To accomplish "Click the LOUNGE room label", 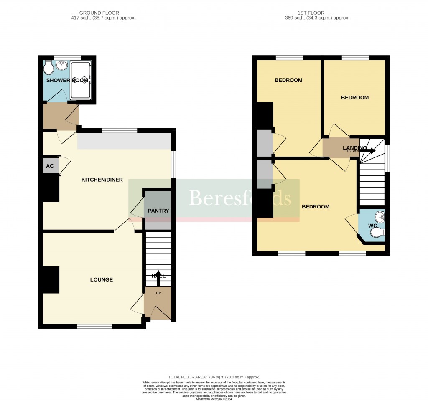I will point(102,280).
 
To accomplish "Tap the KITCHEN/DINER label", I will point(102,180).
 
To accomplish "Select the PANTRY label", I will point(158,211).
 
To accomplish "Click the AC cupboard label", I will point(50,166).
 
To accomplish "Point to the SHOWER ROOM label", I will point(67,80).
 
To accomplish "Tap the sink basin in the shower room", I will point(62,65).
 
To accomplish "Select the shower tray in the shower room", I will point(81,80).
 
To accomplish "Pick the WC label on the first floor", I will point(373,226).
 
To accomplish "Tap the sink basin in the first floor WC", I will point(380,217).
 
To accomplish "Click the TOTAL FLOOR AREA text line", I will point(214,377).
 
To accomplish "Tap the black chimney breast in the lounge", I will point(51,280).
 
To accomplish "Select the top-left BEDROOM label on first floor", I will point(288,80).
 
